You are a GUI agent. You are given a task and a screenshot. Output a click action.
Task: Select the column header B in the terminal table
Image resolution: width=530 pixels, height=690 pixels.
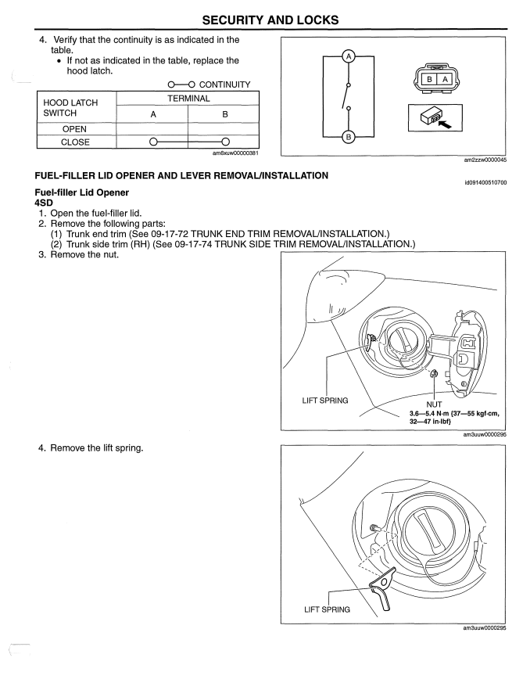(x=224, y=112)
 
